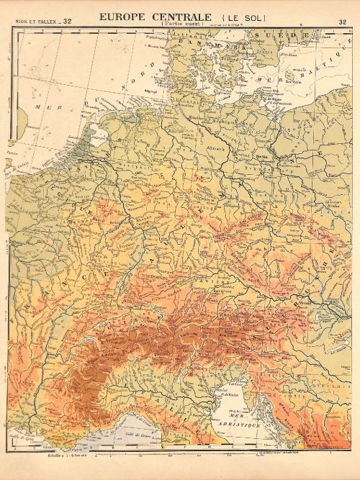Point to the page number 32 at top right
(342, 22)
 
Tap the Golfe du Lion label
(17, 438)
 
